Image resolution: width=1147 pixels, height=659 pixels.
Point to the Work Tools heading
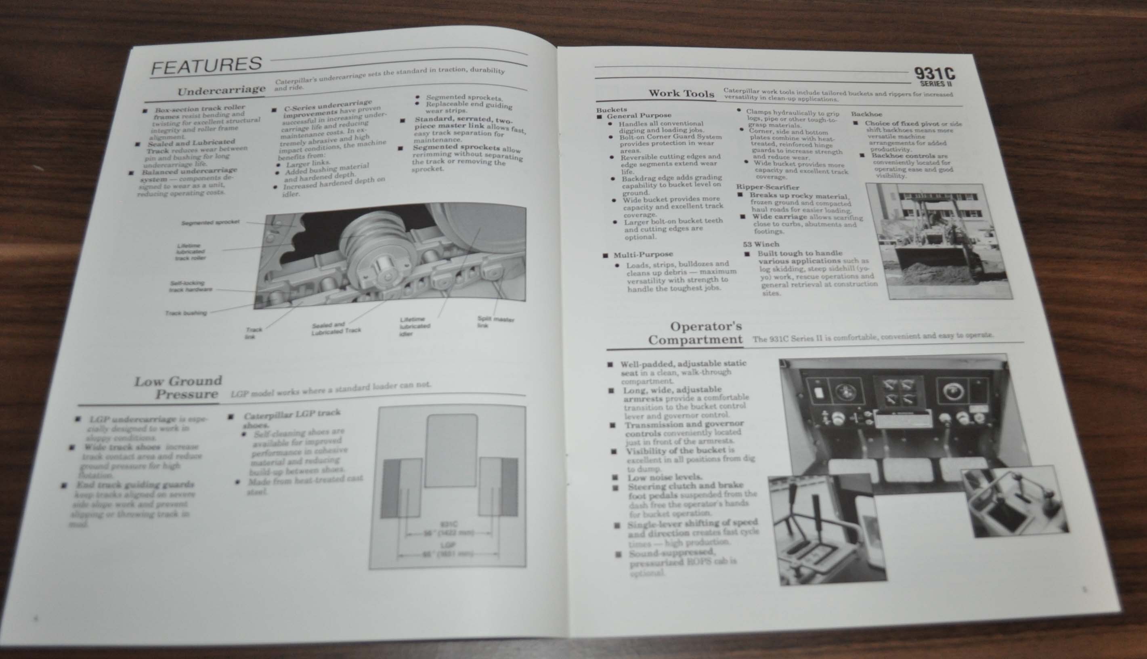(x=681, y=94)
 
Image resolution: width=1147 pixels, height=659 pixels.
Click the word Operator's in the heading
(x=706, y=326)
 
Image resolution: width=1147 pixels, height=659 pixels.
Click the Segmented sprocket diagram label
(x=210, y=222)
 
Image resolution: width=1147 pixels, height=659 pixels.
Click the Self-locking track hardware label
(x=191, y=286)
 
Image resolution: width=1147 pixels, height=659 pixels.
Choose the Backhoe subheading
(x=866, y=114)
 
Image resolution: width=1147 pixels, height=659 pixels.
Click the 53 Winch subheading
(x=761, y=244)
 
